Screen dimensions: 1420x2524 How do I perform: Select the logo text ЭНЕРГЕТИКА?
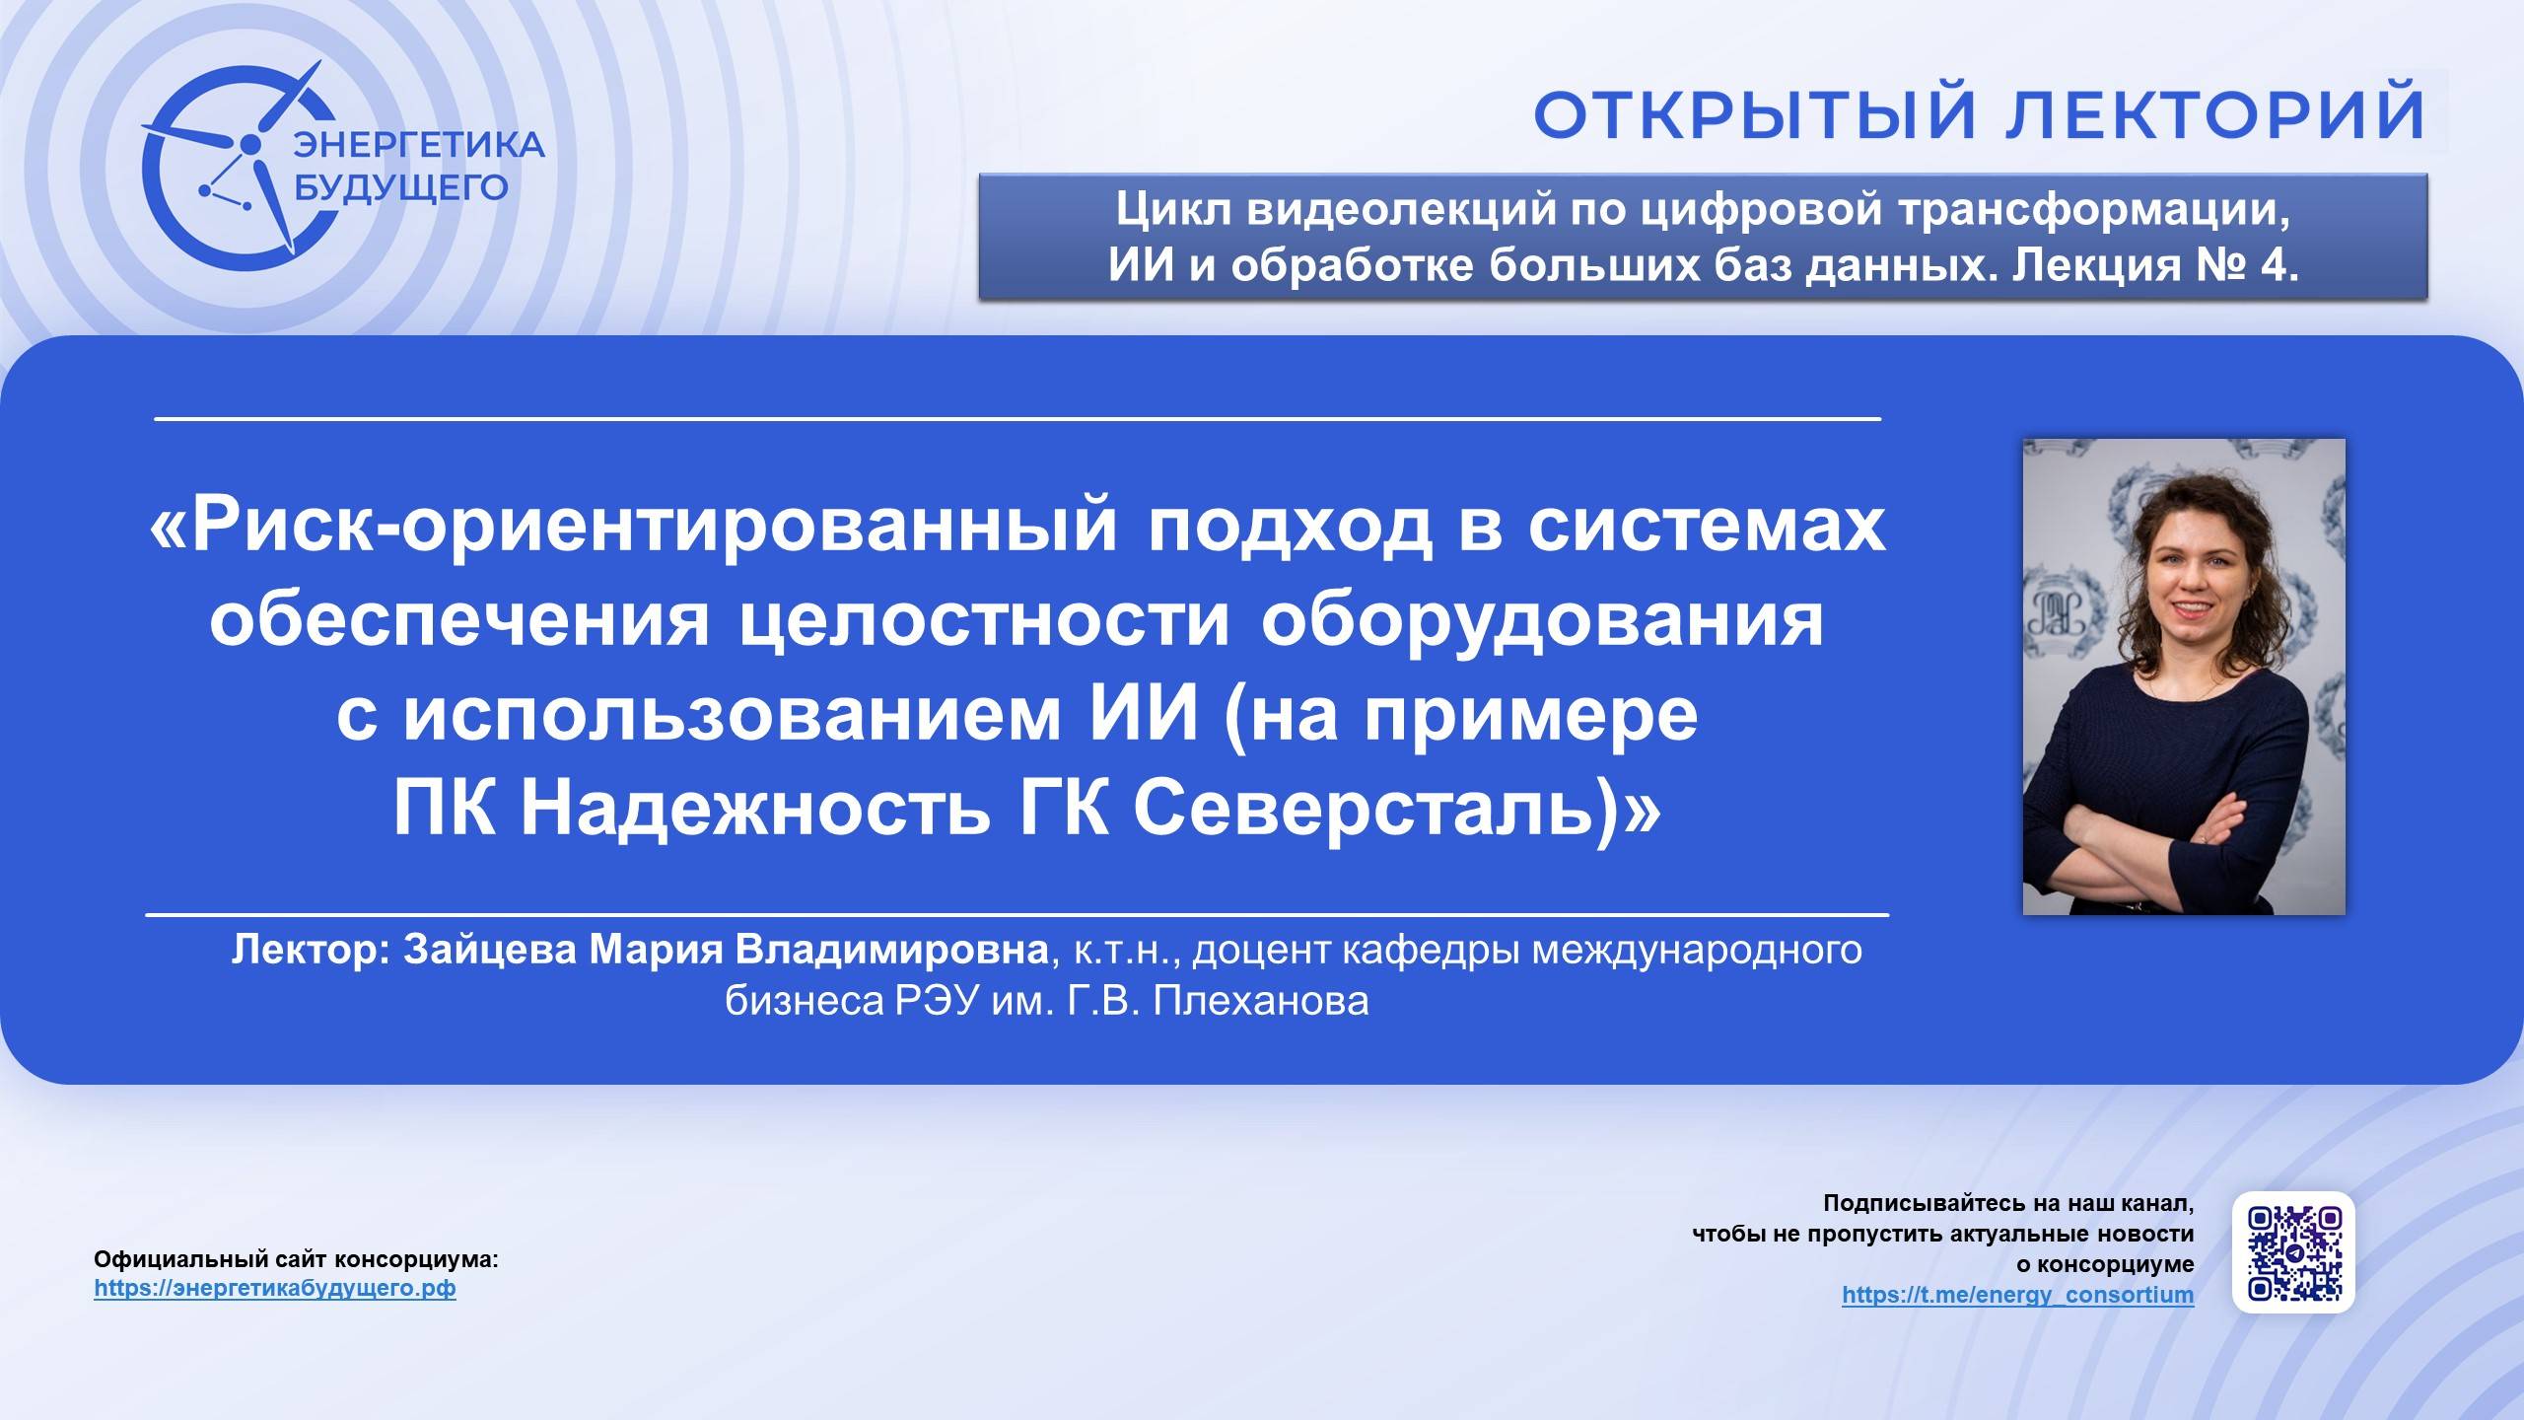pos(419,145)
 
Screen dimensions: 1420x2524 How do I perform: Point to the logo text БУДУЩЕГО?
pos(401,186)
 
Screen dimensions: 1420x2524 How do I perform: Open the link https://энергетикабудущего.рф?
pos(275,1288)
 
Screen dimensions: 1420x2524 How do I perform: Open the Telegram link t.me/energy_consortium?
pos(2017,1294)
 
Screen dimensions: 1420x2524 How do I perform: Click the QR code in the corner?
pos(2293,1251)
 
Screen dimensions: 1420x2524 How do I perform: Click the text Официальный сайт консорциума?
pos(296,1259)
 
